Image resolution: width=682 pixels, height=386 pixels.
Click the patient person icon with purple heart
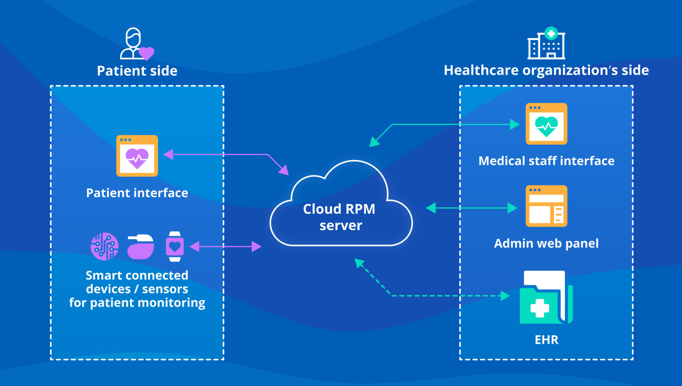136,44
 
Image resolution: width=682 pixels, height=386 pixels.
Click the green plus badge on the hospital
551,33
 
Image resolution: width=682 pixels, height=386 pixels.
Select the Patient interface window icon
137,156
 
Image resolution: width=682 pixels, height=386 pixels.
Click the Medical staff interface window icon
546,124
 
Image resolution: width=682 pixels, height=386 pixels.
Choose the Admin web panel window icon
546,206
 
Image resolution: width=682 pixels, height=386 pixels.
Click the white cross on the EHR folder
539,308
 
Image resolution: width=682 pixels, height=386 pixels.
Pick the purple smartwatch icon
175,247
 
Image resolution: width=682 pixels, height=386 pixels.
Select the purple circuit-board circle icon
105,247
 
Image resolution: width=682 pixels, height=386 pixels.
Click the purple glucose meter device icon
141,247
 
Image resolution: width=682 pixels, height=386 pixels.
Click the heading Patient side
137,71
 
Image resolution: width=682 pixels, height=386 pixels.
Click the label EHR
546,340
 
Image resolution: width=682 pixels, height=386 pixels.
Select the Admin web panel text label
546,243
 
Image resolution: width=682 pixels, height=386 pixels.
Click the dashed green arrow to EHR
446,295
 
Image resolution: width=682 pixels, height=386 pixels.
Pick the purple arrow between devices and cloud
225,247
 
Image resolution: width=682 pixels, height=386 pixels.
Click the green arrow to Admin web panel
472,208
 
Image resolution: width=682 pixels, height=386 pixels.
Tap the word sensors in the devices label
165,289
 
